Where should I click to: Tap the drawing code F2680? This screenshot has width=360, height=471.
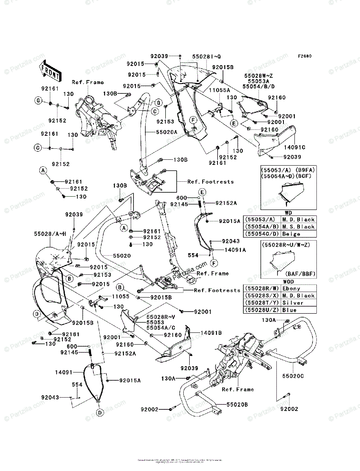[304, 56]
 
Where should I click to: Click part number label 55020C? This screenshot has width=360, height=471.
[293, 376]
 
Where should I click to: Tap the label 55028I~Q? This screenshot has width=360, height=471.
[206, 57]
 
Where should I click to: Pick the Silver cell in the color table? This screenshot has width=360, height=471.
[292, 303]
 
